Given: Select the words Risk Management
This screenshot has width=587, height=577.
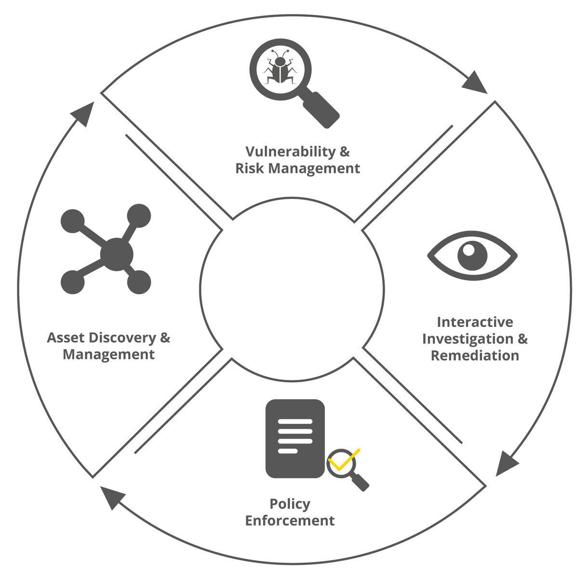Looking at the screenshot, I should (x=298, y=168).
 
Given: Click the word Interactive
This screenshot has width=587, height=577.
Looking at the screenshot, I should (x=475, y=322).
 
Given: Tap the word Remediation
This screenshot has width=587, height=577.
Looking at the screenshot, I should (x=475, y=355).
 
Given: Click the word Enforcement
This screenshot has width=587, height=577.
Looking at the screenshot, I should (x=290, y=520).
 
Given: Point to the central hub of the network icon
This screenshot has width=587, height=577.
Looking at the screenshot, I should (x=117, y=253).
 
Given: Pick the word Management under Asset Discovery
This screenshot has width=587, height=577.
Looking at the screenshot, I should (x=109, y=354).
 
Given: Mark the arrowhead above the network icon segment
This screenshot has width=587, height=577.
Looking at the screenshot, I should (x=83, y=113).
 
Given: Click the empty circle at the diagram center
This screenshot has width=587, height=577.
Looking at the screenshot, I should (x=292, y=288).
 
